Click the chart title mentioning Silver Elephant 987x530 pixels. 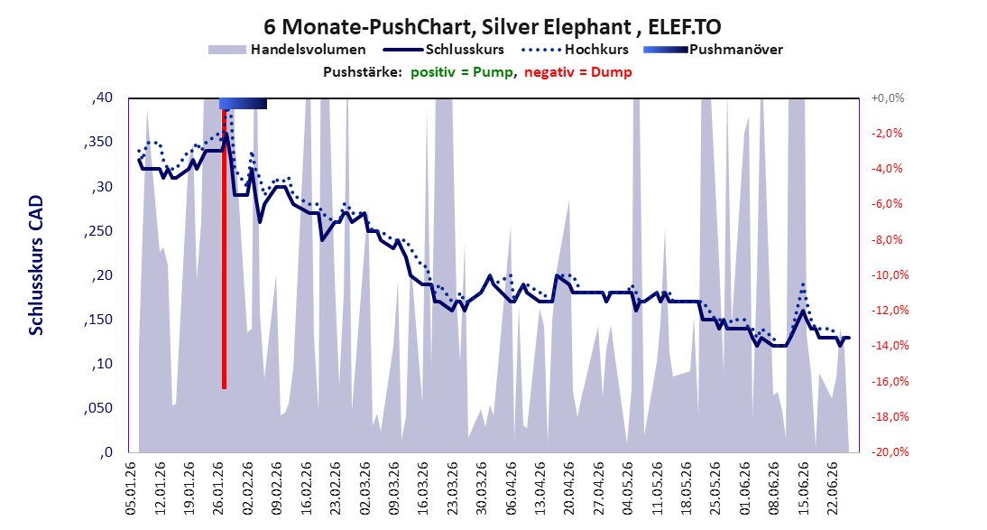pos(493,26)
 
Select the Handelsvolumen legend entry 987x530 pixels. pos(287,49)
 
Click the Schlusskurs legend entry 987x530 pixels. pos(444,49)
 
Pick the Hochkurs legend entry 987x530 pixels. pos(576,49)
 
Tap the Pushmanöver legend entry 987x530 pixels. pos(713,49)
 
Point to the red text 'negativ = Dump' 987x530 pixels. pos(577,72)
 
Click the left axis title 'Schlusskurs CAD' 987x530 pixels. pos(36,265)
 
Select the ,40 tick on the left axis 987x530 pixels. pos(102,98)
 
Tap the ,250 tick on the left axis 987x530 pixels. pos(98,230)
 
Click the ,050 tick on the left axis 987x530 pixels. pos(98,408)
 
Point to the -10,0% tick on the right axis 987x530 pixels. pos(887,274)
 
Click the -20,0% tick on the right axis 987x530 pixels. pos(887,451)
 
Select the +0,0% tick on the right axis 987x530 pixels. pos(888,98)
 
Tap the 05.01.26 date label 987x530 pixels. pos(132,489)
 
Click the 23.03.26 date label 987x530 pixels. pos(452,489)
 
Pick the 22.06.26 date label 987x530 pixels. pos(831,489)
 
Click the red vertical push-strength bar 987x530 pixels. pos(224,249)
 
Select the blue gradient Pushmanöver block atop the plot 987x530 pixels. pos(243,103)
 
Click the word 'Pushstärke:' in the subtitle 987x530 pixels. pos(363,72)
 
